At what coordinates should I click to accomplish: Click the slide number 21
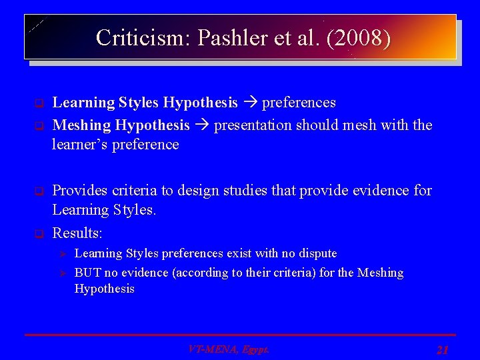[x=443, y=349]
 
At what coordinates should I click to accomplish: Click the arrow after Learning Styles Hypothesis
[x=250, y=103]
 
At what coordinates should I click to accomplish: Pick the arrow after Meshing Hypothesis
[x=202, y=125]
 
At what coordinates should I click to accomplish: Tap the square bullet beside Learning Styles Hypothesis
[x=39, y=103]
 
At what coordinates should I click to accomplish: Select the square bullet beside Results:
[x=39, y=234]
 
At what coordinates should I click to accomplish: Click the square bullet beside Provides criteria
[x=39, y=191]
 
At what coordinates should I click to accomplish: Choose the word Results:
[x=77, y=233]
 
